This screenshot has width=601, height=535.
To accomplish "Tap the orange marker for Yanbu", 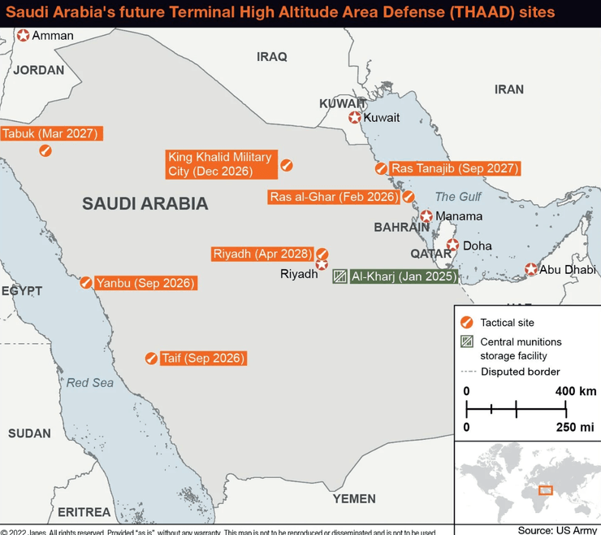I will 85,282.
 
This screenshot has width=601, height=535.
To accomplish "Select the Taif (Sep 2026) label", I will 202,358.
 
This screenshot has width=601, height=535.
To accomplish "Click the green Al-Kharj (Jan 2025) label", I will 404,276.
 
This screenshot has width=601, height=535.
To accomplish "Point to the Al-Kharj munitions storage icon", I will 340,276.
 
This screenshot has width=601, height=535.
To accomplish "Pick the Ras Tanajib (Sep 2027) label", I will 454,168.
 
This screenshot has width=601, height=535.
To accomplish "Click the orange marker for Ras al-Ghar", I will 409,197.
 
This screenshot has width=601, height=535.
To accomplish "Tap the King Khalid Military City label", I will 220,163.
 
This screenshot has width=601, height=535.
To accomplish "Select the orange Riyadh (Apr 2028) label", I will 261,254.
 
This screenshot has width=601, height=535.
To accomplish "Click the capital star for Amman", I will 24,35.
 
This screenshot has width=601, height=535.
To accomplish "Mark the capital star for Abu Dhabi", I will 530,269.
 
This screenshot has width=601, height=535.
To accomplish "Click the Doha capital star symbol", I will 453,245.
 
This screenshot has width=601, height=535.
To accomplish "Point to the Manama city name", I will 459,216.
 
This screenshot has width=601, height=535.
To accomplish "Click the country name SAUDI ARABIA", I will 145,204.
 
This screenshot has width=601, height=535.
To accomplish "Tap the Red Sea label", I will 90,382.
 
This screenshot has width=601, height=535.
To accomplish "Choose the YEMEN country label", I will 354,498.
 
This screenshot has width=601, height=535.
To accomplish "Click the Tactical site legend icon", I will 466,323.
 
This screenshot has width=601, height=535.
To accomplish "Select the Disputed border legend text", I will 520,372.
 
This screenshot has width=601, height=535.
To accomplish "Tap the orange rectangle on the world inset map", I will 546,489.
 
